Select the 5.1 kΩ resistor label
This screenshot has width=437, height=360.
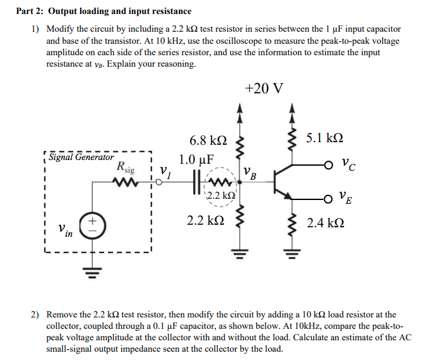pyautogui.click(x=325, y=138)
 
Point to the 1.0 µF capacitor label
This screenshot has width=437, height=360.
pyautogui.click(x=197, y=159)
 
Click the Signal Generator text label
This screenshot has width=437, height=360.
pyautogui.click(x=81, y=157)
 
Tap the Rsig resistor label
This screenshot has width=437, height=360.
pyautogui.click(x=126, y=169)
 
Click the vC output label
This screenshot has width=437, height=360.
pyautogui.click(x=347, y=167)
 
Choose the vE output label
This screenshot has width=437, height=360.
pyautogui.click(x=347, y=199)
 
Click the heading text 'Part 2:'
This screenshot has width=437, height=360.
pyautogui.click(x=30, y=11)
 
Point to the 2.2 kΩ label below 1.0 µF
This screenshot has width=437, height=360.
pyautogui.click(x=205, y=221)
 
